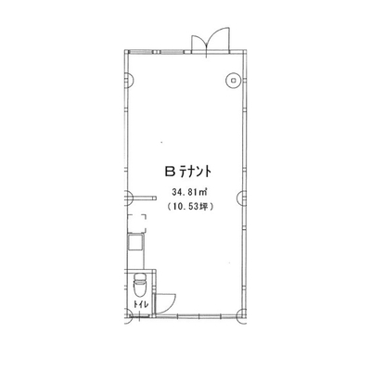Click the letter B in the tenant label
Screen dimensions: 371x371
(170, 172)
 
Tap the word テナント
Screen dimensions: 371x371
(196, 172)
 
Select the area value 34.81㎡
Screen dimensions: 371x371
(189, 193)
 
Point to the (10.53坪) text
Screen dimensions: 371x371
(189, 207)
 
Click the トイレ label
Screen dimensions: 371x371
(141, 303)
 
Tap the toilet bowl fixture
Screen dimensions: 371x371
(140, 285)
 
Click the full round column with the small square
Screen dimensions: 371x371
(234, 80)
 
